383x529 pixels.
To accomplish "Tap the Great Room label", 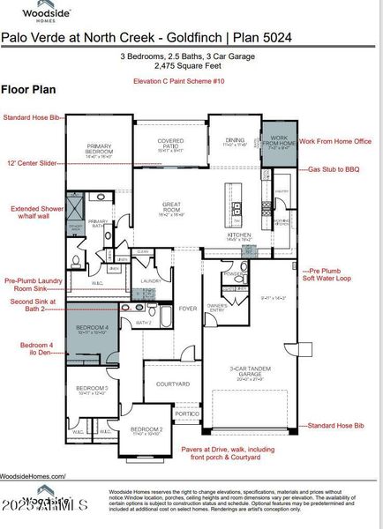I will tap(171, 208).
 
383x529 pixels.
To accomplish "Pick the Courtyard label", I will tap(173, 384).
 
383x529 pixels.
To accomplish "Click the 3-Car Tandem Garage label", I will tap(234, 374).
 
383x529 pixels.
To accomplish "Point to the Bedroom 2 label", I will tap(147, 430).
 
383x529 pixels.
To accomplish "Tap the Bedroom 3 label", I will tap(92, 390).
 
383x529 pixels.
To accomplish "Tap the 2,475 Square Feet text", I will tap(191, 65).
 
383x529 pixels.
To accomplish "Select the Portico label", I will tap(186, 414).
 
